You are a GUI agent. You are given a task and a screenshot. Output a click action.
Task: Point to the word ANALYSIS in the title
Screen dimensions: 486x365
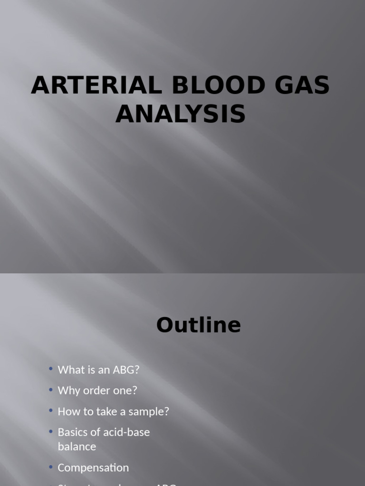[x=181, y=114]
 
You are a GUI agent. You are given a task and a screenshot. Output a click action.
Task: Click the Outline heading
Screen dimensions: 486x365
[x=198, y=326]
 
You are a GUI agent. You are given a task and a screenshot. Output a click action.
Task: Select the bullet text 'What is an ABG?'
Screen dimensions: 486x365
[x=98, y=370]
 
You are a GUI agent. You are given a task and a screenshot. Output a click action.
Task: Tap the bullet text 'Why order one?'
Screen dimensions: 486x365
[x=97, y=391]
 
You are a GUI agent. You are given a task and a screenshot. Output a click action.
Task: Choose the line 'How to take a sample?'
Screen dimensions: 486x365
[x=113, y=411]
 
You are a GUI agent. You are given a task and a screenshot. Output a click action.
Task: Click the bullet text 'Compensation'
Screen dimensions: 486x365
[x=93, y=467]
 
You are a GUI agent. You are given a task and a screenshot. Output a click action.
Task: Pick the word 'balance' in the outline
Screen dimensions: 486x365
[x=77, y=447]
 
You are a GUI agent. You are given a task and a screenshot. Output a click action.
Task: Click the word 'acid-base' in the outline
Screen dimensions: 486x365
[x=127, y=432]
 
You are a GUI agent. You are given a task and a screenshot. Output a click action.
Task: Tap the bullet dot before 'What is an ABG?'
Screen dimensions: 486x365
[x=51, y=369]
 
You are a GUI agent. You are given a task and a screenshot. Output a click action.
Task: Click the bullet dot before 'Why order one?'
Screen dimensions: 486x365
[x=51, y=390]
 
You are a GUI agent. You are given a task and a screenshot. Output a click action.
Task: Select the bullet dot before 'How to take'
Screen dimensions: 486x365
[x=51, y=411]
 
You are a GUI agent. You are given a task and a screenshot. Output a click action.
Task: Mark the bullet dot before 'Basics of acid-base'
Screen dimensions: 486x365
[x=51, y=432]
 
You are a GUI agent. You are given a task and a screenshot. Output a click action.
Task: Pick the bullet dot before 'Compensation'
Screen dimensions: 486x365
[x=51, y=467]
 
